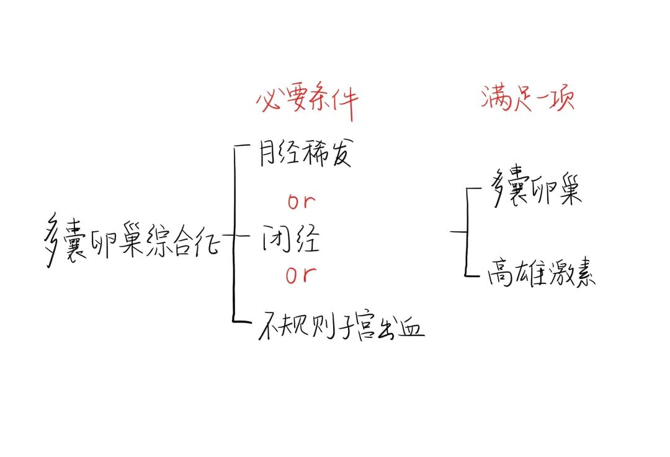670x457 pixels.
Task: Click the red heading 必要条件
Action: point(306,102)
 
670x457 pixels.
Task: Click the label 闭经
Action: point(289,239)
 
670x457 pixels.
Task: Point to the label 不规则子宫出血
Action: point(341,327)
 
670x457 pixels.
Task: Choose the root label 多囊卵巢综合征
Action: point(133,239)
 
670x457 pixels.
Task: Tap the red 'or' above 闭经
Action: point(301,202)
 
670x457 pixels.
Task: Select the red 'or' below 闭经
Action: point(301,274)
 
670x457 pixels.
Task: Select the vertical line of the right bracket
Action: point(466,233)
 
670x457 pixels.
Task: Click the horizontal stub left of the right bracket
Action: point(458,231)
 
